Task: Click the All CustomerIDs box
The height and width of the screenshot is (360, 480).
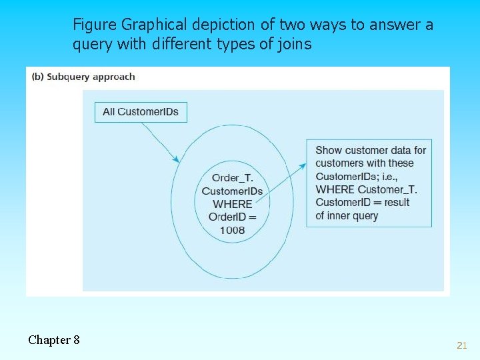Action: pyautogui.click(x=141, y=111)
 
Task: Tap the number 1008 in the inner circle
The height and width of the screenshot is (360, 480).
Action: pyautogui.click(x=232, y=230)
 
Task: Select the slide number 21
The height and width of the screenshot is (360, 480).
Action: pyautogui.click(x=461, y=345)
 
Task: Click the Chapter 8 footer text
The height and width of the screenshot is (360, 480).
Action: pyautogui.click(x=54, y=340)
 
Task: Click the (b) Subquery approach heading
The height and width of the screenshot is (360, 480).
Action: pyautogui.click(x=83, y=77)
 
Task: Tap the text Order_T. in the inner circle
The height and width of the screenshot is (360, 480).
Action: pyautogui.click(x=232, y=178)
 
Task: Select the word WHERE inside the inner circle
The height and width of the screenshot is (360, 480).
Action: pyautogui.click(x=232, y=204)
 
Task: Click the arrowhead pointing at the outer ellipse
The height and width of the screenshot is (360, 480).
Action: pyautogui.click(x=176, y=159)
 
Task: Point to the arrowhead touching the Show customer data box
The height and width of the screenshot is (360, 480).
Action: pyautogui.click(x=303, y=165)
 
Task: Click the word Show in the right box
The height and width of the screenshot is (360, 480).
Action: pyautogui.click(x=329, y=151)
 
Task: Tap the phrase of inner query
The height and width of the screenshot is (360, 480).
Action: pyautogui.click(x=347, y=215)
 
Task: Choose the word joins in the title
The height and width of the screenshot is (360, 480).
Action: pyautogui.click(x=294, y=45)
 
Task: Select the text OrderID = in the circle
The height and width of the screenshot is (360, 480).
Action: pyautogui.click(x=232, y=217)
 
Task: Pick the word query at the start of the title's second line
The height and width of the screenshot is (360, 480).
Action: pyautogui.click(x=91, y=45)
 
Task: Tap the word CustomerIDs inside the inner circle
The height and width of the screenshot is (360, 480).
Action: pyautogui.click(x=232, y=191)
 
